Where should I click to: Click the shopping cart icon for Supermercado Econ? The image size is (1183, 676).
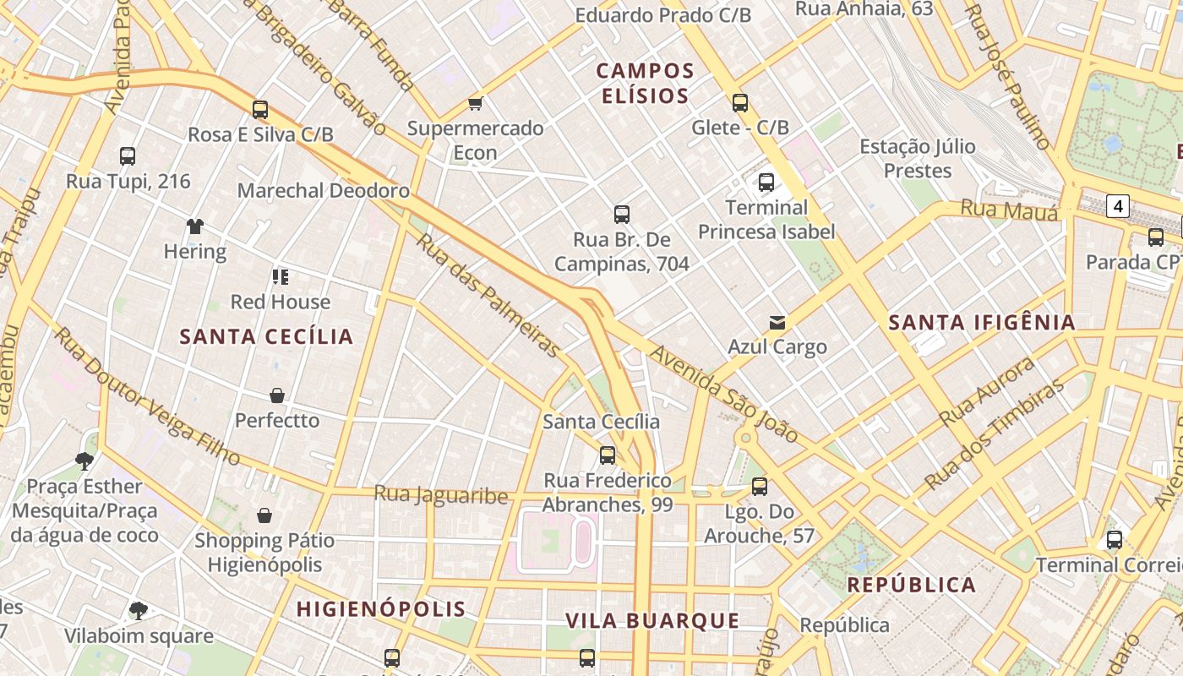pos(475,103)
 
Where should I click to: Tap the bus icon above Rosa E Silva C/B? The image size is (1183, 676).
pos(260,109)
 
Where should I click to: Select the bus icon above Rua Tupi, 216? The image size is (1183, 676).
pos(128,155)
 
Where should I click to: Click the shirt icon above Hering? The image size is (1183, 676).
pos(195,226)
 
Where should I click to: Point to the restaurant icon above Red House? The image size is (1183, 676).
pos(281,276)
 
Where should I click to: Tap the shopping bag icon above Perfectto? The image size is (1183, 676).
pos(277,395)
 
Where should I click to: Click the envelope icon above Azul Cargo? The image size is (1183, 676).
pos(777,322)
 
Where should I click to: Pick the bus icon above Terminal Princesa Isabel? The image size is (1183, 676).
pos(766,182)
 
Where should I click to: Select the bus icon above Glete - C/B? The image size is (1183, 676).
pos(740,102)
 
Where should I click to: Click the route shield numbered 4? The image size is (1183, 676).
pos(1119,205)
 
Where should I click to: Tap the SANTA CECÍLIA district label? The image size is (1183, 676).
pos(266,336)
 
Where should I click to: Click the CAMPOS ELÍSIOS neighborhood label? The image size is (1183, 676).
pos(646,83)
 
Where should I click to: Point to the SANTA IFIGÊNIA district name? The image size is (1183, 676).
pos(982,322)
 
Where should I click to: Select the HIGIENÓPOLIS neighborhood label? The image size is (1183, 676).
pos(381,608)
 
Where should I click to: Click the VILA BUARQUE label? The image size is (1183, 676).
pos(652,621)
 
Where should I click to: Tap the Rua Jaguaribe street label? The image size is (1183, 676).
pos(440,494)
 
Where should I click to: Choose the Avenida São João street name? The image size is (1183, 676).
pos(723,394)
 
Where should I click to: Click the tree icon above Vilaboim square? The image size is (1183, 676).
pos(139,610)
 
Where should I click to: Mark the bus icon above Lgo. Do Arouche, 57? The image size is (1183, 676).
pos(760,486)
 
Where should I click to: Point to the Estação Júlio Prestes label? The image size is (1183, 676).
pos(918,158)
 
